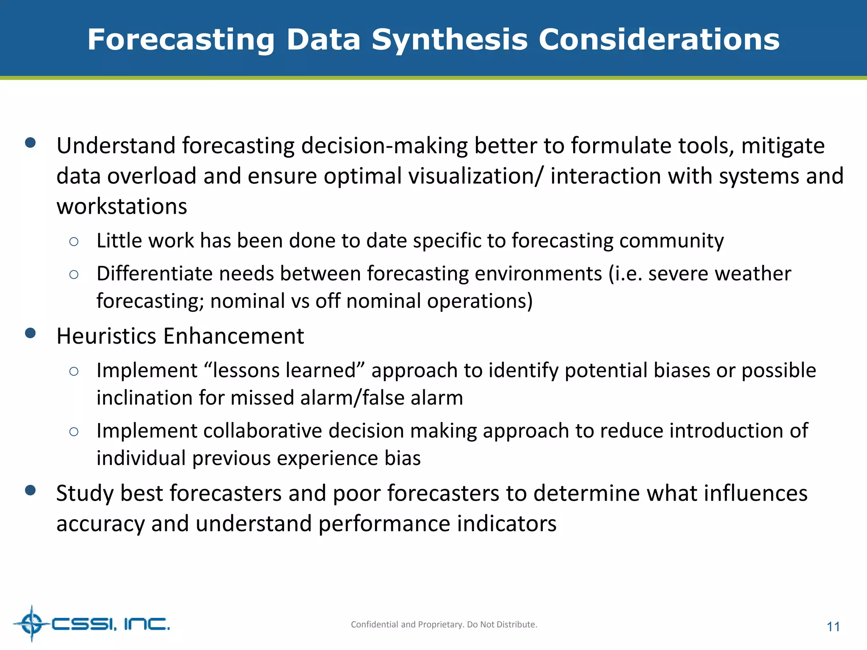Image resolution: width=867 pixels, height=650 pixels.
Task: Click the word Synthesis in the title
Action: [x=450, y=40]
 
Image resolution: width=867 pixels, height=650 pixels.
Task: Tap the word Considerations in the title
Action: [x=658, y=40]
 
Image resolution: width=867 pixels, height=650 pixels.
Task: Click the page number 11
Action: [x=833, y=627]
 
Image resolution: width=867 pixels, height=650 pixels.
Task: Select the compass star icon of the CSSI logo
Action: [x=31, y=623]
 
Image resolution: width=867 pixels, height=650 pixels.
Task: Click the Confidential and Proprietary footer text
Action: [x=444, y=624]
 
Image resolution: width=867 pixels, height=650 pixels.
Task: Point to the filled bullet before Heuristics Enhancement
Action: [x=30, y=333]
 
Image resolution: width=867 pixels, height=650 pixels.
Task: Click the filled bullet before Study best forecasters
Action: [x=30, y=490]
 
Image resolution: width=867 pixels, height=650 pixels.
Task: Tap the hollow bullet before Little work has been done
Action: [x=74, y=242]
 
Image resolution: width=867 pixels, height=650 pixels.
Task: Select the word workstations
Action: [x=122, y=207]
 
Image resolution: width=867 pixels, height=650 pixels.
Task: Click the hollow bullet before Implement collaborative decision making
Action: [x=74, y=432]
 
